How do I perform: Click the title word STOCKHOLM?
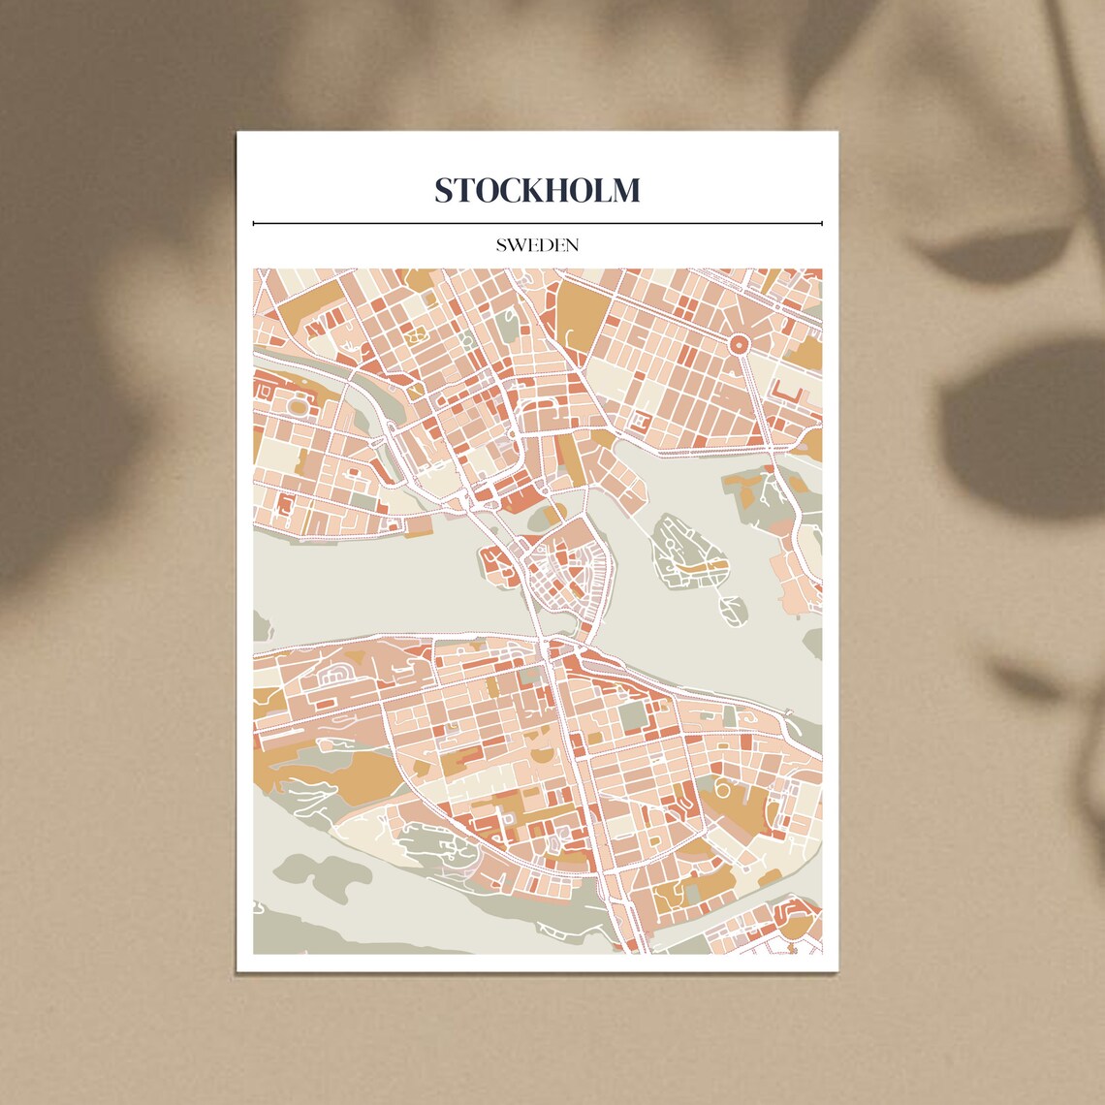tap(537, 190)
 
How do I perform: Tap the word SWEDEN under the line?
tap(537, 245)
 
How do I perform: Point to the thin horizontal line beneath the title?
tap(537, 223)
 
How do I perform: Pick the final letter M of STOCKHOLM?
tap(625, 190)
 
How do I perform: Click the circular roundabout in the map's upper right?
tap(739, 343)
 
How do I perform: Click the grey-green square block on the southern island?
tap(632, 717)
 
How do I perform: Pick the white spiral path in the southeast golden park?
tap(723, 786)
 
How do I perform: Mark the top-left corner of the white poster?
tap(238, 134)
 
